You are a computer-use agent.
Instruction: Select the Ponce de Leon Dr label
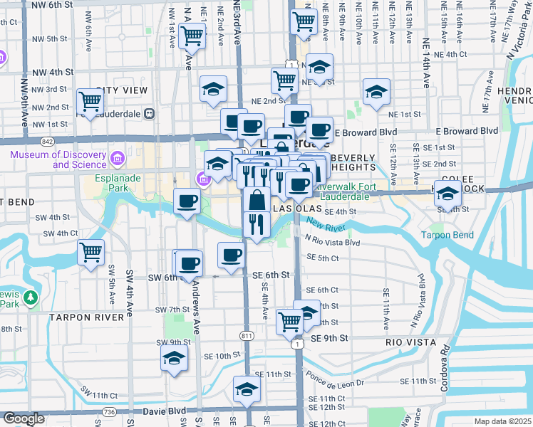point(334,379)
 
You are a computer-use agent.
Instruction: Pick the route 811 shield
point(247,334)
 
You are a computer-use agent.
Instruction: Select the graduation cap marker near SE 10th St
point(174,359)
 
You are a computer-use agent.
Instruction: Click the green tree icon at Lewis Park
point(31,296)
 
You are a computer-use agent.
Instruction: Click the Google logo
point(23,418)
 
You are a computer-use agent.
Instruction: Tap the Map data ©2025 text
point(503,421)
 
